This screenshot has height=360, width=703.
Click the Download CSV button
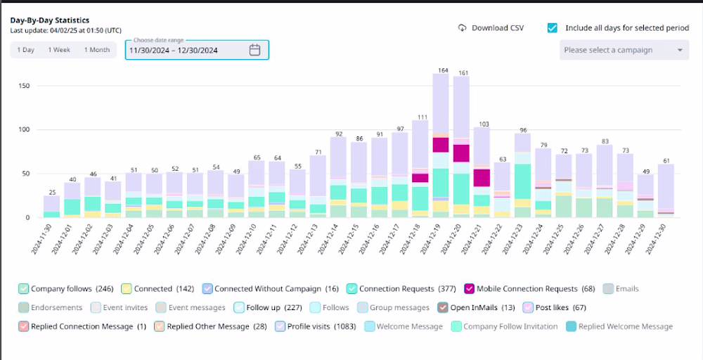[491, 28]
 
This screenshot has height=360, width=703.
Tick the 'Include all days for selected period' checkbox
[553, 28]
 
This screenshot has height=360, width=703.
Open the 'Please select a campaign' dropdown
[624, 50]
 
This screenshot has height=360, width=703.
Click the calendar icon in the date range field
[254, 50]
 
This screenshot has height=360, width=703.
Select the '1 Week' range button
[59, 50]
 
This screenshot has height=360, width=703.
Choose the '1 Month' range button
[97, 50]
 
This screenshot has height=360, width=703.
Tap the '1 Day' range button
[25, 50]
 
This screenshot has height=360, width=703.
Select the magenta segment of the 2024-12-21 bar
[482, 177]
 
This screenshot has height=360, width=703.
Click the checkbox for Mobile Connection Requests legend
[470, 289]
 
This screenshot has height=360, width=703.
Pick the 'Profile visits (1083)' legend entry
[316, 326]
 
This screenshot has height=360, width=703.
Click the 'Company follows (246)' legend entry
[66, 289]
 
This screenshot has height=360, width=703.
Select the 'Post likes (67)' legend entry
[554, 307]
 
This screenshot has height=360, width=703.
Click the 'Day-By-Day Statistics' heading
[50, 20]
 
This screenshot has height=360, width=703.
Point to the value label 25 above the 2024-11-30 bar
[52, 193]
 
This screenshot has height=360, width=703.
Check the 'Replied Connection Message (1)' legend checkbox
[24, 326]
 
